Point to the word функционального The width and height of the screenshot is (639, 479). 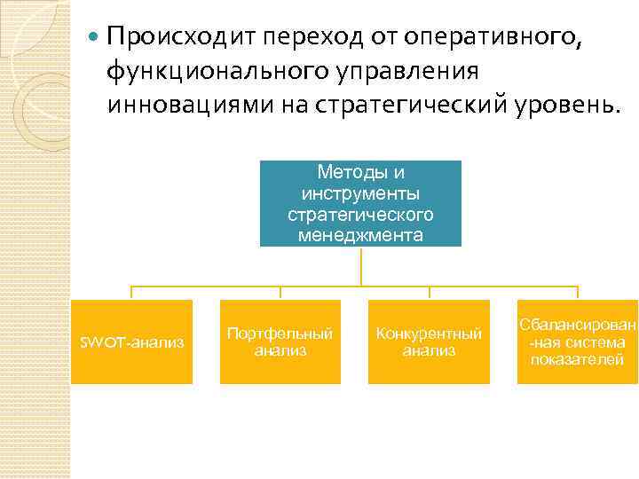(x=224, y=72)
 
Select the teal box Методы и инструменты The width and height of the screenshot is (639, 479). (x=360, y=202)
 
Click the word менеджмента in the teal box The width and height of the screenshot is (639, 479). (x=360, y=235)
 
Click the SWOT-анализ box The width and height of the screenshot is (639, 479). (x=131, y=342)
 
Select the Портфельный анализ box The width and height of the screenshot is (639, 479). (x=280, y=342)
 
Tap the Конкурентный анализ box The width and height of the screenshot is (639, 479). (x=429, y=342)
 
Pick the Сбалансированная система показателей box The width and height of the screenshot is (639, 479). (x=578, y=342)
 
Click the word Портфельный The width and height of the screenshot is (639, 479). (x=280, y=334)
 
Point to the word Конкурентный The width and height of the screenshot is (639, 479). (x=429, y=334)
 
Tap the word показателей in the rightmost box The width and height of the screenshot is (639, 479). (x=578, y=359)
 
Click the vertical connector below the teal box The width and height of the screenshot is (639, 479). (x=361, y=265)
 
